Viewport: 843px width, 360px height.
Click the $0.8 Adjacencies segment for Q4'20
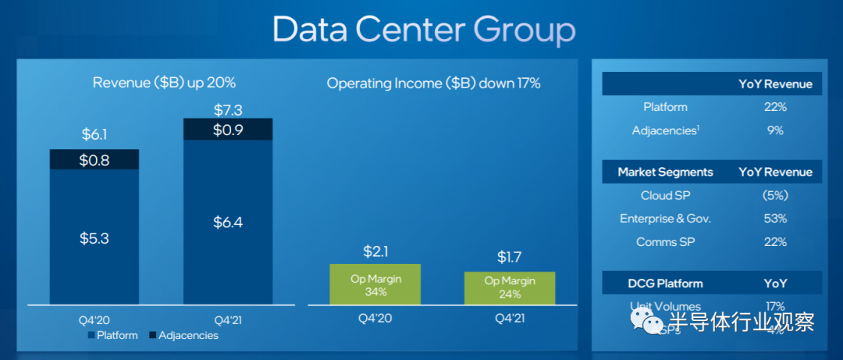point(94,159)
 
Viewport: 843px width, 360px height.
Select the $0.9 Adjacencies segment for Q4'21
point(228,130)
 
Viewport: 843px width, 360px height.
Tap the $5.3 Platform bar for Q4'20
point(94,237)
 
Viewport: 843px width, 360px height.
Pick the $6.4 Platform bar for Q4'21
point(228,223)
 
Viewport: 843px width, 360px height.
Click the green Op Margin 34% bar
point(375,284)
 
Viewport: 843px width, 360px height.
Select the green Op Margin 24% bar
point(510,288)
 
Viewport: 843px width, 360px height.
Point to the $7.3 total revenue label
point(228,109)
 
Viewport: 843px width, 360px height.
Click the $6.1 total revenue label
point(94,134)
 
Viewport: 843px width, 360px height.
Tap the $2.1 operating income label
point(376,251)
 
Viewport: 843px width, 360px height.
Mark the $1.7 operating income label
point(510,258)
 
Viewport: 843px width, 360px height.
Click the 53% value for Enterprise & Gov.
point(775,219)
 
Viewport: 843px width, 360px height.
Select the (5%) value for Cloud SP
point(775,195)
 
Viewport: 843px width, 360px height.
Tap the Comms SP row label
point(665,242)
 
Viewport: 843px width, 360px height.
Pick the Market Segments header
point(665,172)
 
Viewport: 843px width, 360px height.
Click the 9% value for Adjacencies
point(775,130)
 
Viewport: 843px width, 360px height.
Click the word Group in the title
point(525,30)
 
